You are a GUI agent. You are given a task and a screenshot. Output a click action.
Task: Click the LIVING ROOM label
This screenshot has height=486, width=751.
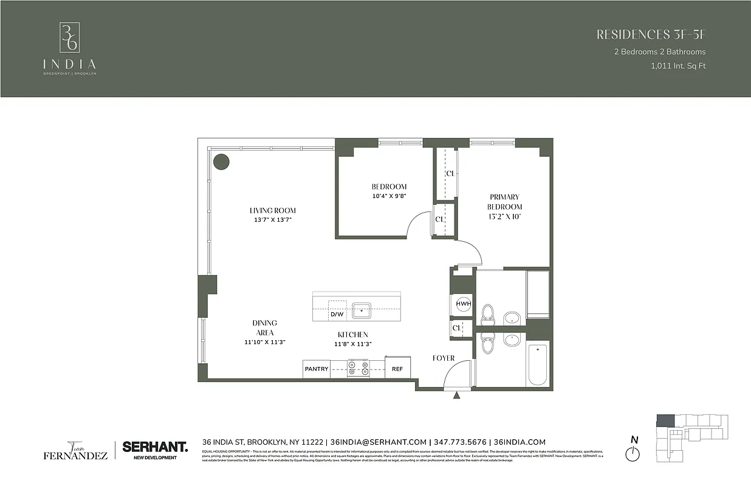click(x=272, y=211)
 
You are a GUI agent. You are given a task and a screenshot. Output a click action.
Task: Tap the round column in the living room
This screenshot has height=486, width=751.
click(x=221, y=162)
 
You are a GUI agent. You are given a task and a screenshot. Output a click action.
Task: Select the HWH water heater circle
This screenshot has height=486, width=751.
click(x=464, y=304)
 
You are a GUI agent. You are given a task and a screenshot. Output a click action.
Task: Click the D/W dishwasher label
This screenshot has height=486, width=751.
click(x=337, y=315)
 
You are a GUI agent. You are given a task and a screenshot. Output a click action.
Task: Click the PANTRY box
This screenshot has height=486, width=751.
click(x=317, y=369)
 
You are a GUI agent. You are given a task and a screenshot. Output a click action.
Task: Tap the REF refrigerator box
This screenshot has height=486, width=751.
click(x=397, y=369)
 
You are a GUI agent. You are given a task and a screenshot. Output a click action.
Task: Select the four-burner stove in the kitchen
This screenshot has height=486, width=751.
click(x=358, y=369)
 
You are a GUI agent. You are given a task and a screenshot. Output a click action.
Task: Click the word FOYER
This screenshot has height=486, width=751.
click(x=444, y=358)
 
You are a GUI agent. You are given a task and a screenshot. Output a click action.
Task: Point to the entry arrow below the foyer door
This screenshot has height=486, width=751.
click(x=457, y=395)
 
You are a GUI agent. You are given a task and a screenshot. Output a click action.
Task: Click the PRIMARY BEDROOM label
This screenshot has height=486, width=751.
click(x=505, y=202)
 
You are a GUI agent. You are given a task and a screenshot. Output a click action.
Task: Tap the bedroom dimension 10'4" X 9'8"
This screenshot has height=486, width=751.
click(x=389, y=196)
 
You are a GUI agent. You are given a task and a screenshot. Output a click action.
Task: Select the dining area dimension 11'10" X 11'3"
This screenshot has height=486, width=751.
click(x=264, y=343)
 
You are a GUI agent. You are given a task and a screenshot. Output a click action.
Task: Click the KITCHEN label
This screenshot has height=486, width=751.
click(x=353, y=335)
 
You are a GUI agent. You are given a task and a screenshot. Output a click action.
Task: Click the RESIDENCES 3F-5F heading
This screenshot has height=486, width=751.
click(x=651, y=35)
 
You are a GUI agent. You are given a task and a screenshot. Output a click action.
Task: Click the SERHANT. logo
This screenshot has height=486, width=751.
click(x=155, y=447)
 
